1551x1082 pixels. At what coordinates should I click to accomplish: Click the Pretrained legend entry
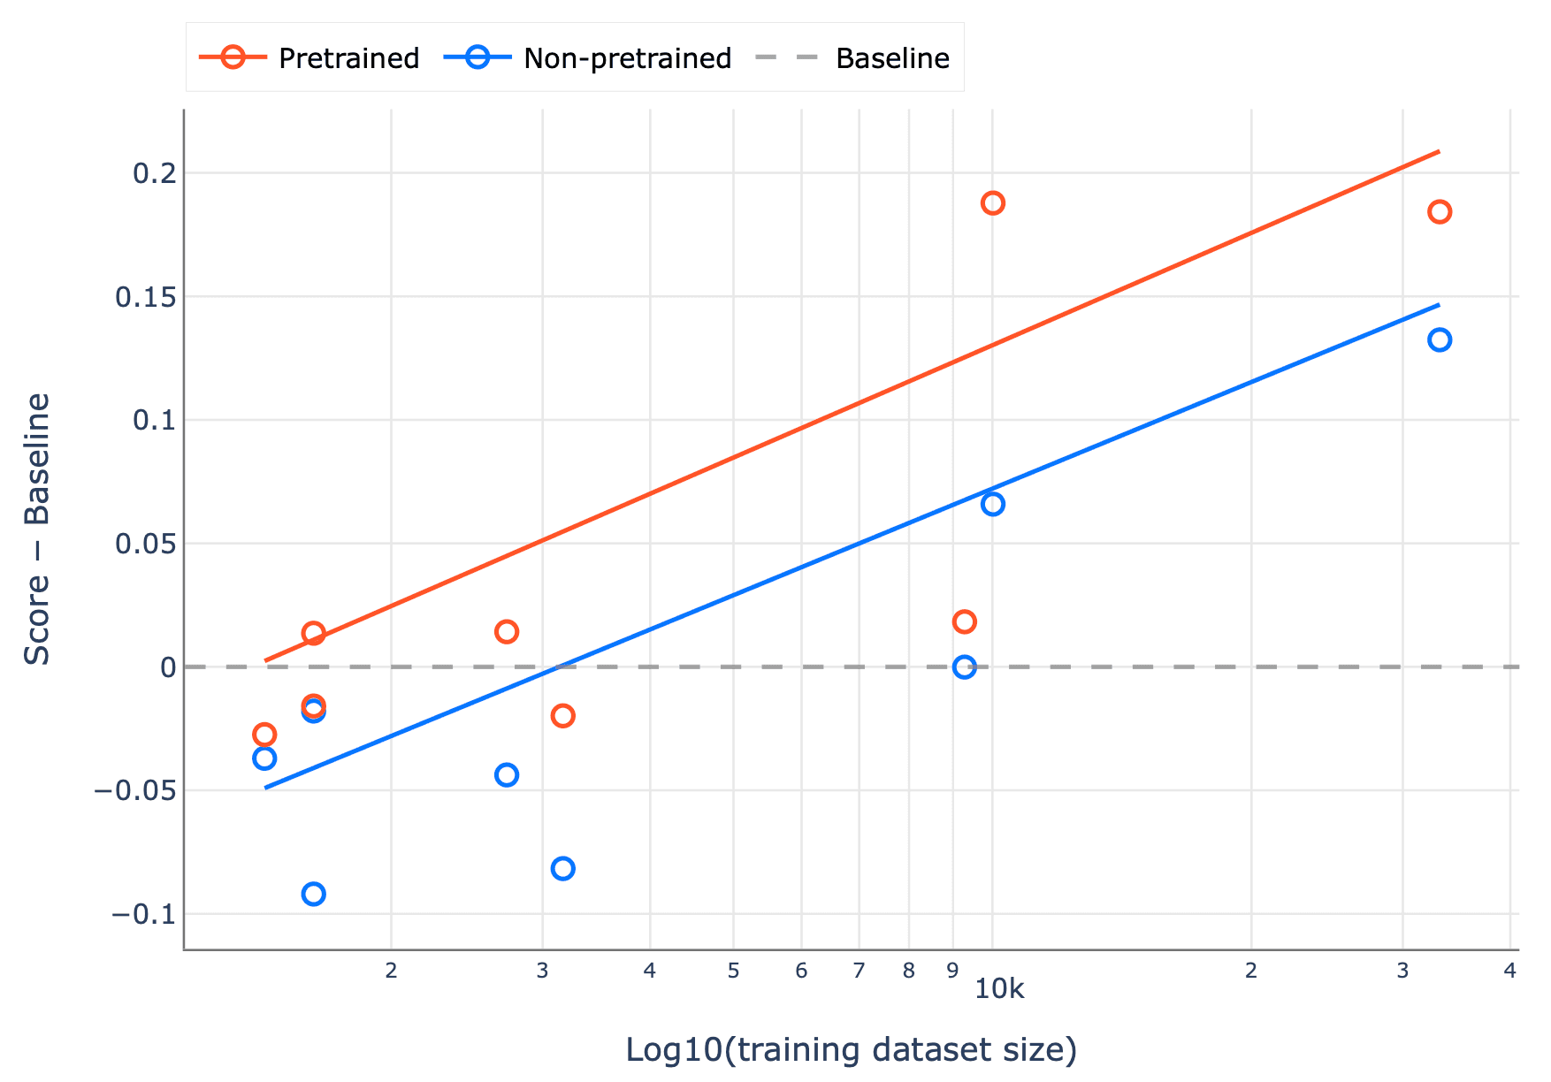(309, 58)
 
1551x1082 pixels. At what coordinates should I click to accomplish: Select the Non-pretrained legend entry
(588, 58)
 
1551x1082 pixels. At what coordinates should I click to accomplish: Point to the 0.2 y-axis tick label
(154, 173)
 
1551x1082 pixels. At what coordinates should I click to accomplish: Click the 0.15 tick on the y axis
(146, 297)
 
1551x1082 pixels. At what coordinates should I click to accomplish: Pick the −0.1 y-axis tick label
(143, 914)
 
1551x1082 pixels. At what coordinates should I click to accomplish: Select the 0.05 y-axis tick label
(146, 544)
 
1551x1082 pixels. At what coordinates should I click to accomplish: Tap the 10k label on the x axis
(999, 989)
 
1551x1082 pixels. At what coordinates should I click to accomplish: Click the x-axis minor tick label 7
(859, 971)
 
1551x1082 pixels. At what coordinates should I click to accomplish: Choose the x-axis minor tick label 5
(733, 971)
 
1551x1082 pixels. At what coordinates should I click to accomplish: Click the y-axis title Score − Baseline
(37, 529)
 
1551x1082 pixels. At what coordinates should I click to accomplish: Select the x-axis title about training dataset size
(851, 1050)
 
